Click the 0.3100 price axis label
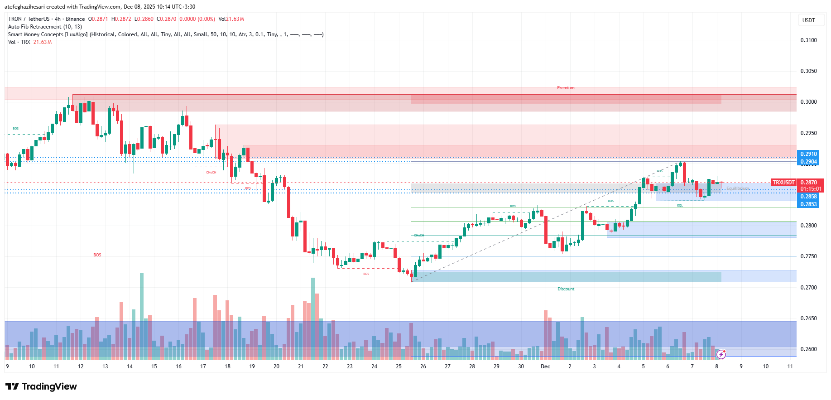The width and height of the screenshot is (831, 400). pos(808,40)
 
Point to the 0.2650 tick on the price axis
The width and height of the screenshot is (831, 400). pos(808,318)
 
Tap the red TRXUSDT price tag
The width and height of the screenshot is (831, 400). pos(783,183)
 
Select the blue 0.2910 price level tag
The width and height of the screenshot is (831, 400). pos(808,154)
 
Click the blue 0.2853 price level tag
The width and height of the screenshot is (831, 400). pos(808,204)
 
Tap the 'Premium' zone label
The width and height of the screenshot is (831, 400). pos(566,88)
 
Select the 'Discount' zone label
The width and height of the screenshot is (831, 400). pos(566,289)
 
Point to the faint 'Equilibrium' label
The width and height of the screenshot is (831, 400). pos(737,188)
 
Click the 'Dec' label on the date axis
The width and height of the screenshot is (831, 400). pos(545,366)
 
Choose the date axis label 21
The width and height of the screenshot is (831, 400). pos(301,366)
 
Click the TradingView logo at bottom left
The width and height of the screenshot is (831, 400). pos(41,386)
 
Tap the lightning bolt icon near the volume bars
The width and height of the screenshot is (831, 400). pos(721,354)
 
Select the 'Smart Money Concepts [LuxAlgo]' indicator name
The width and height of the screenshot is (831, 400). pos(48,34)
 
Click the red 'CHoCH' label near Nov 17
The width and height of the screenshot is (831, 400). pos(211,173)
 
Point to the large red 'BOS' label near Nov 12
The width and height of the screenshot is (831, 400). pos(97,255)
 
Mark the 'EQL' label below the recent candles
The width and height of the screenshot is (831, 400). pos(680,206)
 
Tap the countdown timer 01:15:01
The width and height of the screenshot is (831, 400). pos(811,189)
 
